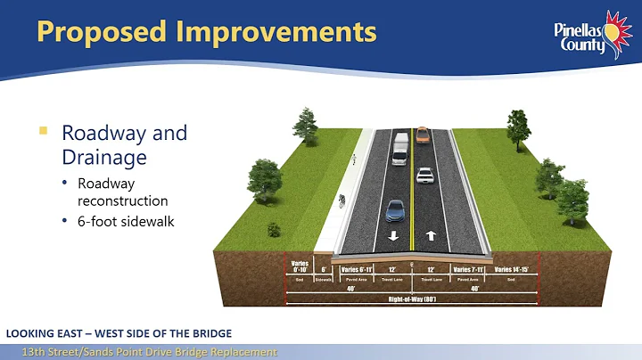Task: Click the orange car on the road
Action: click(423, 136)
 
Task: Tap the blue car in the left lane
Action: click(394, 210)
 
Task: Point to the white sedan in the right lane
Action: click(425, 176)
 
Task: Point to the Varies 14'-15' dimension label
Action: click(511, 269)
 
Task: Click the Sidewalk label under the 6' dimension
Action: click(324, 279)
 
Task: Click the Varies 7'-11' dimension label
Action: click(469, 269)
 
